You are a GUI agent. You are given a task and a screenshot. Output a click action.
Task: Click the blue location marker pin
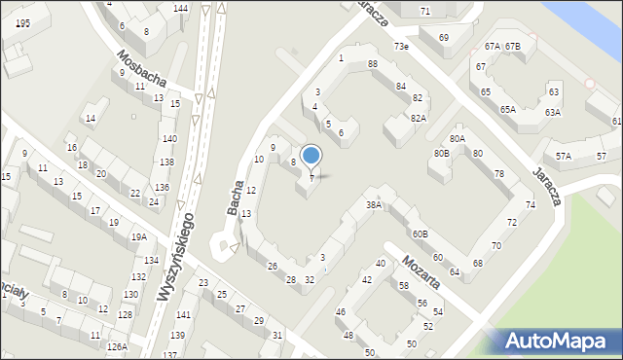click(x=311, y=156)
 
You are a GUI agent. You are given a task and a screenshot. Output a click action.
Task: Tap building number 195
click(x=22, y=22)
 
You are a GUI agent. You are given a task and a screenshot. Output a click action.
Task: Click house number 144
click(x=180, y=9)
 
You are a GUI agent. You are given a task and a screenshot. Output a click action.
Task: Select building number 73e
click(x=401, y=47)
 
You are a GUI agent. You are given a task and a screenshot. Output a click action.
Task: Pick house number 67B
click(x=512, y=47)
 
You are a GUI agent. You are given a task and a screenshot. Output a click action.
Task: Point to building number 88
click(x=373, y=64)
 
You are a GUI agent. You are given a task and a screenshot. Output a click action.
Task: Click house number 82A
click(x=418, y=118)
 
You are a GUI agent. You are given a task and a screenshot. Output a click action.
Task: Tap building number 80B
click(x=442, y=153)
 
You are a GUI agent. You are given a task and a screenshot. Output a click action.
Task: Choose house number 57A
click(x=563, y=156)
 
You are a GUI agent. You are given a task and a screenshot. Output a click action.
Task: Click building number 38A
click(x=373, y=205)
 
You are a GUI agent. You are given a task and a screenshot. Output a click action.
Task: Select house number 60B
click(x=420, y=234)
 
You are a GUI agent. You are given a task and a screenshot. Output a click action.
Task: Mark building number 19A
click(x=139, y=236)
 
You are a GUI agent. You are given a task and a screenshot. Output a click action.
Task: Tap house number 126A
click(x=117, y=346)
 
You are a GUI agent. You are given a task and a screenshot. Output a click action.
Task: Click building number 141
click(x=183, y=315)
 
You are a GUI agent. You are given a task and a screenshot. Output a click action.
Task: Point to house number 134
click(x=151, y=261)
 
